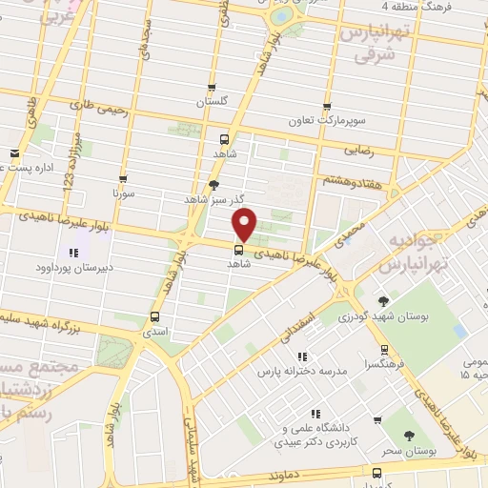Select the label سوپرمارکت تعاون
click(328, 121)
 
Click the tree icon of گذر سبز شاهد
click(213, 185)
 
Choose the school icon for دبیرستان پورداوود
click(72, 254)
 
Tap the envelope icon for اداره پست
click(13, 153)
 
